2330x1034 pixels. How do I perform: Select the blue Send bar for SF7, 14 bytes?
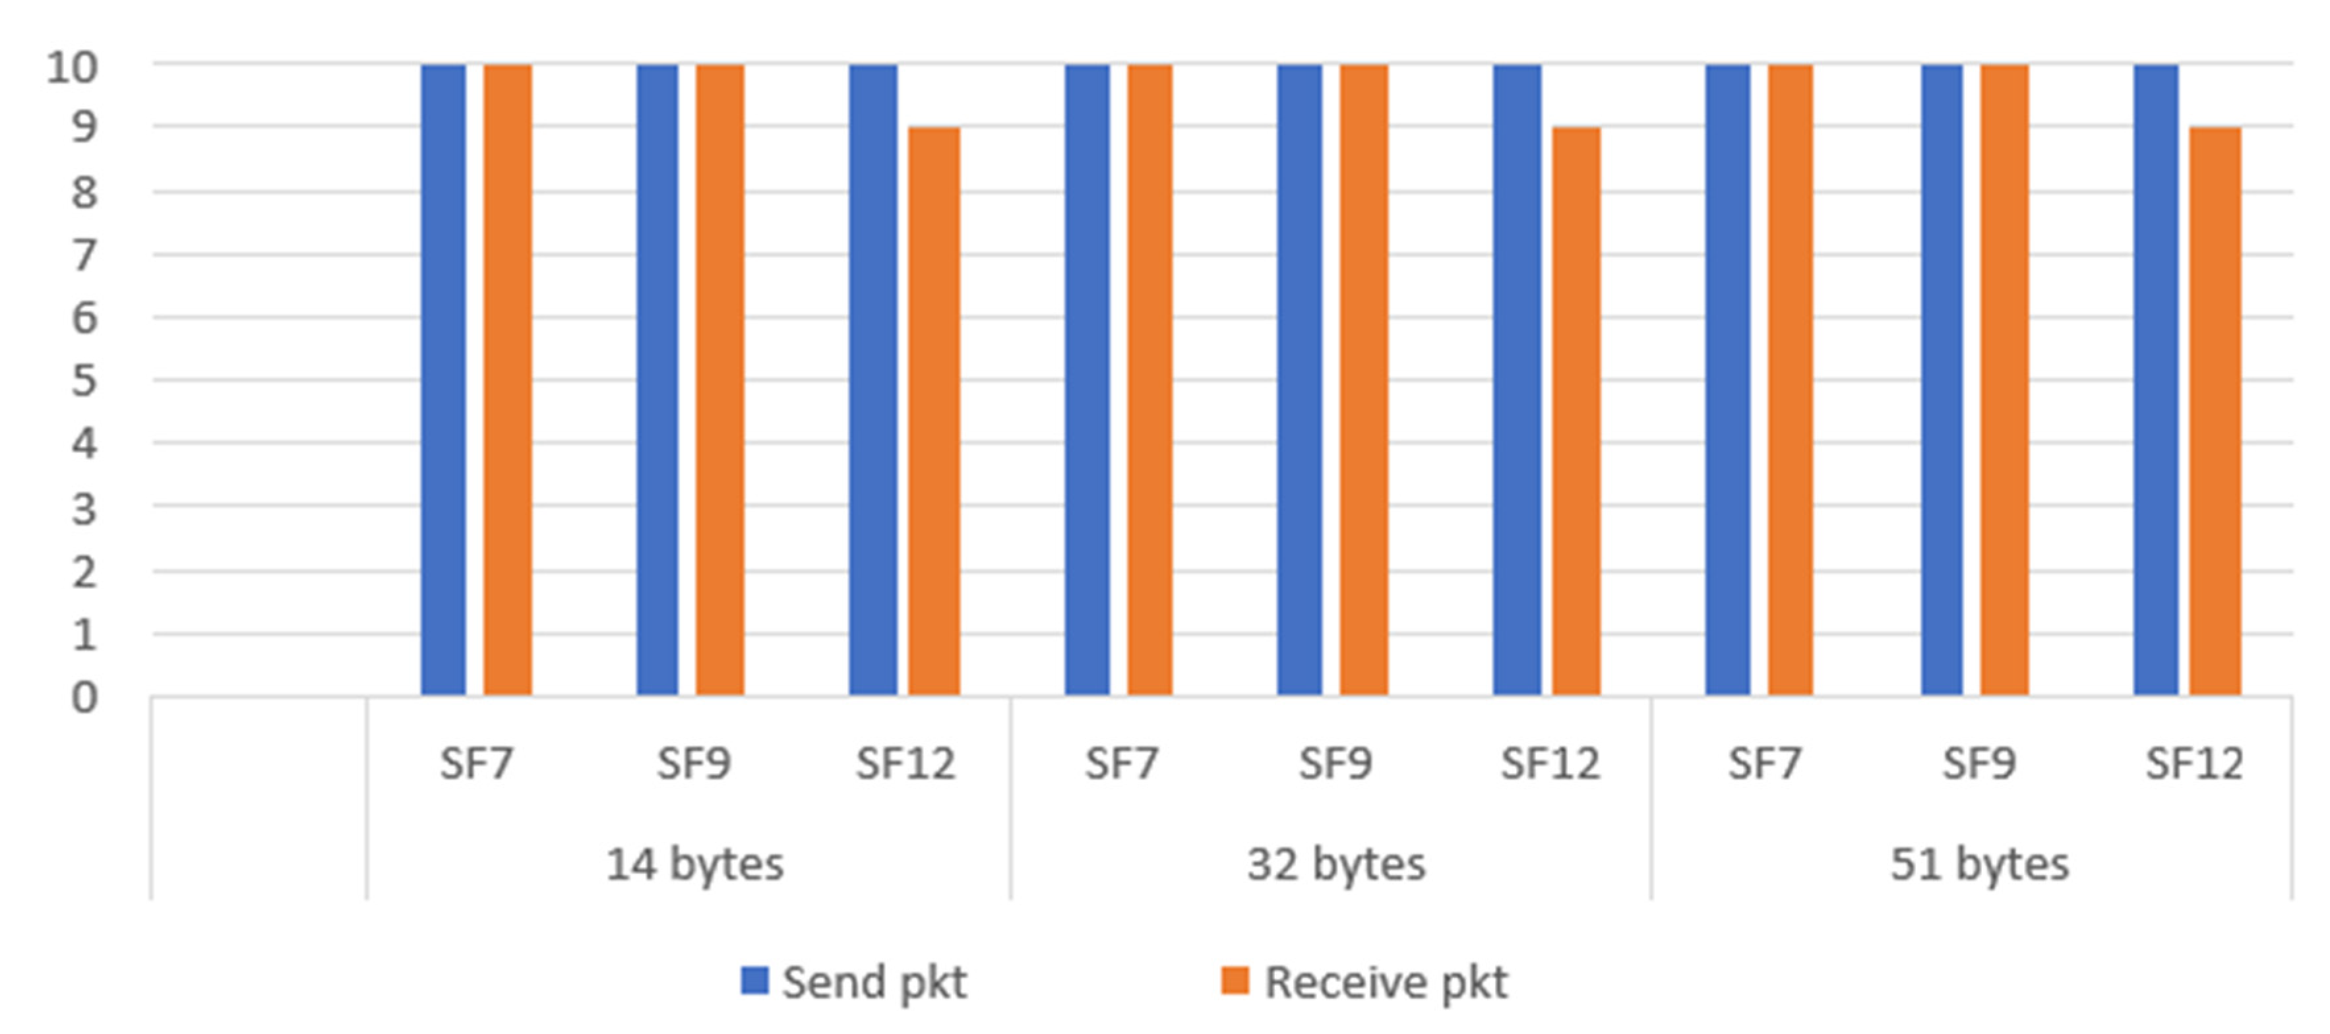pyautogui.click(x=443, y=380)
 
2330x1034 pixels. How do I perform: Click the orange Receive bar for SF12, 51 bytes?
pyautogui.click(x=2215, y=411)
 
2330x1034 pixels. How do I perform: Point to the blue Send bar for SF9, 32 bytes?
pyautogui.click(x=1299, y=380)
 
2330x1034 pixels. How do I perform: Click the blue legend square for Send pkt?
pyautogui.click(x=754, y=981)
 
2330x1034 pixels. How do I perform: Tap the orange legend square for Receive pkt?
pyautogui.click(x=1235, y=981)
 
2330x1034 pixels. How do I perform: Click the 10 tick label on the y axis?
pyautogui.click(x=71, y=67)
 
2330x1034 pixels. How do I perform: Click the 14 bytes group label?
pyautogui.click(x=694, y=864)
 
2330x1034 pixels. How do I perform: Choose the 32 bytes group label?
pyautogui.click(x=1336, y=864)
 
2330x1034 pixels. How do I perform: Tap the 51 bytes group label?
pyautogui.click(x=1979, y=864)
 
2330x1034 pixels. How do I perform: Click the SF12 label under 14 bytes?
pyautogui.click(x=905, y=764)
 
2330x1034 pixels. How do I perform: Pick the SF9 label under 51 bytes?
pyautogui.click(x=1979, y=764)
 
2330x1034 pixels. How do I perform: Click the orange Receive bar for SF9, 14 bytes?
pyautogui.click(x=720, y=380)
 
